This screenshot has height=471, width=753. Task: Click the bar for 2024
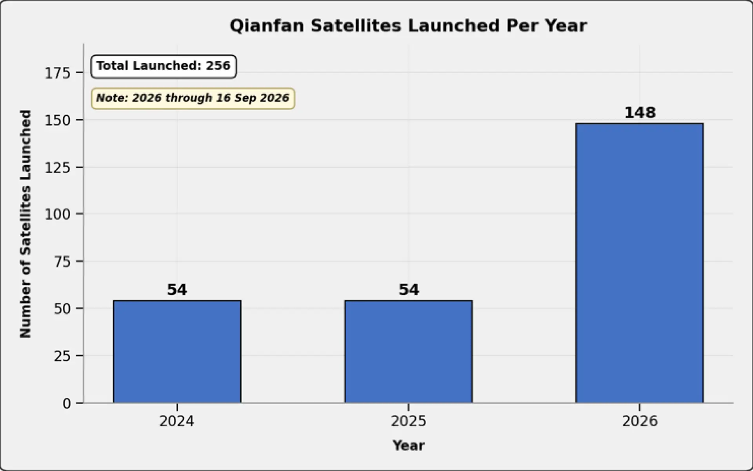click(x=177, y=351)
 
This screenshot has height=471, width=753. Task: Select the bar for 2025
click(x=408, y=351)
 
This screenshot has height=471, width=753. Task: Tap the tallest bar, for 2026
click(x=640, y=263)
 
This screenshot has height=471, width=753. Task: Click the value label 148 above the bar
click(x=640, y=113)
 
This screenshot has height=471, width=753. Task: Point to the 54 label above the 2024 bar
click(x=177, y=290)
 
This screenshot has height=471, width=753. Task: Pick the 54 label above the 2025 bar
click(x=409, y=290)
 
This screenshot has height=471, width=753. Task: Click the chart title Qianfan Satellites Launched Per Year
click(x=408, y=26)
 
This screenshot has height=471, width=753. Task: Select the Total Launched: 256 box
click(x=163, y=66)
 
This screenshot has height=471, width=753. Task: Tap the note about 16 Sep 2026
click(x=193, y=98)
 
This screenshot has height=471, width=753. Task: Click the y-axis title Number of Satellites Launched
click(x=25, y=224)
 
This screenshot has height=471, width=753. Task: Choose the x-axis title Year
click(x=408, y=446)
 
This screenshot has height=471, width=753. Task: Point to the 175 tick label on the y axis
click(x=57, y=73)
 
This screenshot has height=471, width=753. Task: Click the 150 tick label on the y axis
click(x=57, y=120)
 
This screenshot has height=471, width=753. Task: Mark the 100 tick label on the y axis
click(x=57, y=214)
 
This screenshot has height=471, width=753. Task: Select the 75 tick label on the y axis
click(x=62, y=262)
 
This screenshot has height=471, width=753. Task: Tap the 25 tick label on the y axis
click(x=62, y=356)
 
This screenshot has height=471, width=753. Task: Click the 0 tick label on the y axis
click(x=67, y=403)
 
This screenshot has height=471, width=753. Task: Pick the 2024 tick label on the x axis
click(x=176, y=422)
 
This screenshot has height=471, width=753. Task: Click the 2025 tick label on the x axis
click(x=408, y=422)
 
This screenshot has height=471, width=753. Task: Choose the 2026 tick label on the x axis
click(x=640, y=422)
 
